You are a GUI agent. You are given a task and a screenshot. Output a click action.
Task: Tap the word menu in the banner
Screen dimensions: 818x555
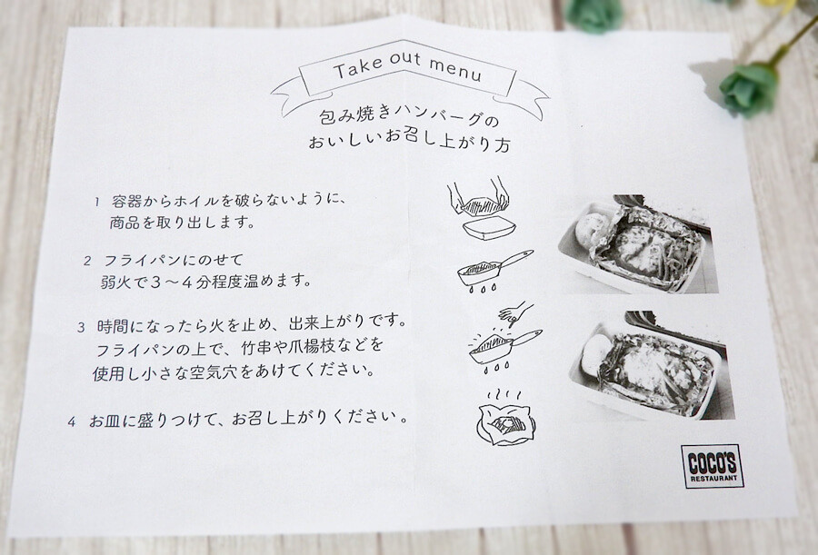(x=455, y=69)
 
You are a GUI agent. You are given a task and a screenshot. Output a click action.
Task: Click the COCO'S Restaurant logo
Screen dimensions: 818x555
(x=712, y=466)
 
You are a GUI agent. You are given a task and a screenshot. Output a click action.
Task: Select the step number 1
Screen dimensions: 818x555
(x=97, y=202)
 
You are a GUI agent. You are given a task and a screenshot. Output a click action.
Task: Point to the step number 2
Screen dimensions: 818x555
(x=87, y=261)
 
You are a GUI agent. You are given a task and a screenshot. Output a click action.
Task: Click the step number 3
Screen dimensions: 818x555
(x=82, y=328)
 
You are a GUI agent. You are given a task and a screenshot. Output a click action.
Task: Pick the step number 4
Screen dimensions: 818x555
(x=72, y=421)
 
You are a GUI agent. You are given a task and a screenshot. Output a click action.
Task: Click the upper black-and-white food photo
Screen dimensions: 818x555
(x=638, y=243)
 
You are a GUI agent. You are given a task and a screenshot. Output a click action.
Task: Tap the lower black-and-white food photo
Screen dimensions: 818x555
(x=652, y=365)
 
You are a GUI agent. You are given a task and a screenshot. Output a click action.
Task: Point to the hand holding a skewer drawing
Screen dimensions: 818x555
(x=516, y=313)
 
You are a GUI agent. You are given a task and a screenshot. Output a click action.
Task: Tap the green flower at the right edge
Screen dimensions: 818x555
(x=749, y=89)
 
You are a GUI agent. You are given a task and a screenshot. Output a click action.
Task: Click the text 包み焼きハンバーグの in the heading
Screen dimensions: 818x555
(x=409, y=115)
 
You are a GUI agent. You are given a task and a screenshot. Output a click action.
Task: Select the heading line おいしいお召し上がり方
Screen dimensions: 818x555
(x=409, y=142)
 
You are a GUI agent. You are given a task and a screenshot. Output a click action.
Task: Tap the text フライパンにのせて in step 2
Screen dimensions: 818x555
(x=175, y=260)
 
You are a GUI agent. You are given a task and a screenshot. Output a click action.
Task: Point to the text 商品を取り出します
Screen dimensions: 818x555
(x=182, y=223)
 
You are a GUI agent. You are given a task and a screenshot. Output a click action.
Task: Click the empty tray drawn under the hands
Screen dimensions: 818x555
(x=489, y=229)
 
